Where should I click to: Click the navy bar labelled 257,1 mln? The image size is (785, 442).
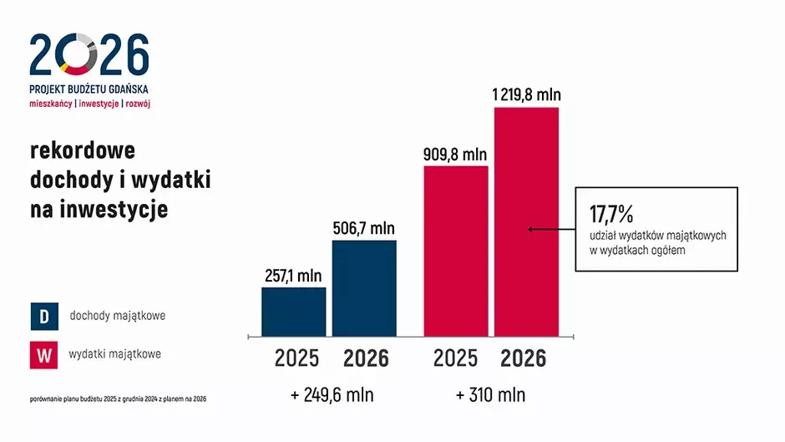[x=293, y=312]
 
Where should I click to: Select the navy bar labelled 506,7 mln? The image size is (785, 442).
[x=364, y=288]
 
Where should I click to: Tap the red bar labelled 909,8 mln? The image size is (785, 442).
[x=456, y=251]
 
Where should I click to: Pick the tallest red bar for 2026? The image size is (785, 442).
[x=526, y=221]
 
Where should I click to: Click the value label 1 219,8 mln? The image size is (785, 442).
[x=526, y=94]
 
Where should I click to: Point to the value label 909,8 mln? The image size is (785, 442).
[x=456, y=154]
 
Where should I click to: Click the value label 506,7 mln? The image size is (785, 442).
[x=364, y=228]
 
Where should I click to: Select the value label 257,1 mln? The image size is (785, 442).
[x=293, y=275]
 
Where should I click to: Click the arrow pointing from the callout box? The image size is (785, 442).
[x=550, y=228]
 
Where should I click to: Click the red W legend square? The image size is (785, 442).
[x=43, y=354]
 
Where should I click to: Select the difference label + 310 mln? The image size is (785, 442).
[x=491, y=394]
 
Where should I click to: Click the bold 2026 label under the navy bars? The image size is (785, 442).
[x=366, y=358]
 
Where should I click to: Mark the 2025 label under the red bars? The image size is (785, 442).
[x=456, y=358]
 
